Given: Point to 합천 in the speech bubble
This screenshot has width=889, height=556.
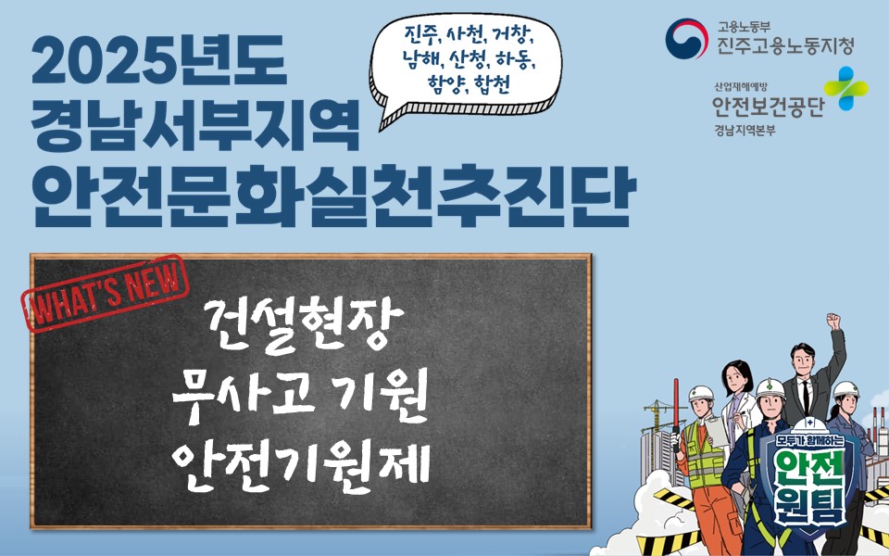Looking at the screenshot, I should tap(492, 85).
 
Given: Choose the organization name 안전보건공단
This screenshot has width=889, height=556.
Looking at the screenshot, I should tap(768, 107).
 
